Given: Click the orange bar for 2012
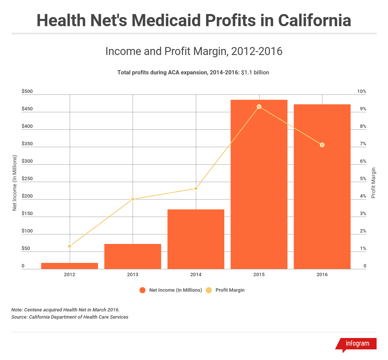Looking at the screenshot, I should pos(70,266).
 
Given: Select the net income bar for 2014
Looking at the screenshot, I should pos(196,239).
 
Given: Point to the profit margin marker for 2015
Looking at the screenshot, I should pos(259,107).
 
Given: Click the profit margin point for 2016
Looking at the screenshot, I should pos(322,145).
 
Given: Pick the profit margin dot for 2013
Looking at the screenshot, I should pos(133,199).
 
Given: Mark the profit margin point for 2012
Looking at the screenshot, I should pos(70,246).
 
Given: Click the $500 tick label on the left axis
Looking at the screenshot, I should pos(27,91).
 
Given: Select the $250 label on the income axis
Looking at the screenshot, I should pos(27,179).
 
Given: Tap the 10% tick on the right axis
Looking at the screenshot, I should pos(361,91).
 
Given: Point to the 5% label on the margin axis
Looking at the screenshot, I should pos(363,179).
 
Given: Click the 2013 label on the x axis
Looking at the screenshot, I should pos(133,275).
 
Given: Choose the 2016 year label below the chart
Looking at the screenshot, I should pos(322,275).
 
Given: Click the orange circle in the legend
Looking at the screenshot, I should pos(143,290).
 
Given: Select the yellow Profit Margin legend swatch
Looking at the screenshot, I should pos(209,290).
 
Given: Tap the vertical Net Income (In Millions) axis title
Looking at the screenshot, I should pos(15,183).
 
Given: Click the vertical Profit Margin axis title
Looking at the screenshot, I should pos(373,183).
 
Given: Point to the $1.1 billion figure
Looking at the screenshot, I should pos(255,72).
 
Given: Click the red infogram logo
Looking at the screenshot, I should pos(356,344).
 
